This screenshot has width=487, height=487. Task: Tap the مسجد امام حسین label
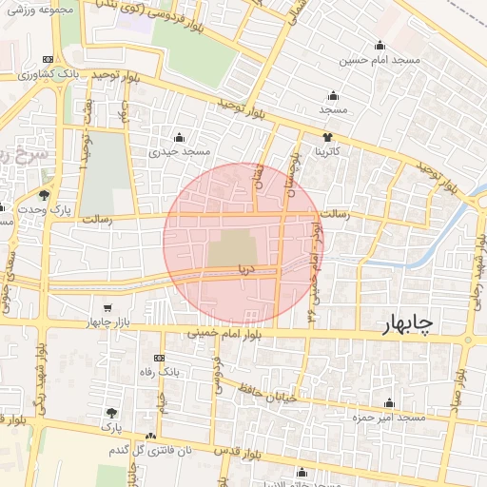(x=381, y=60)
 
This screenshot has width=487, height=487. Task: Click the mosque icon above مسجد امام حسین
(x=380, y=45)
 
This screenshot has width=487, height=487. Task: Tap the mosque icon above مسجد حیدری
(x=179, y=136)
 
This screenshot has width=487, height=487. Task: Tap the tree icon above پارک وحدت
(x=44, y=195)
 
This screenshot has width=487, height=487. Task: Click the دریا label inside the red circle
(x=247, y=270)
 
